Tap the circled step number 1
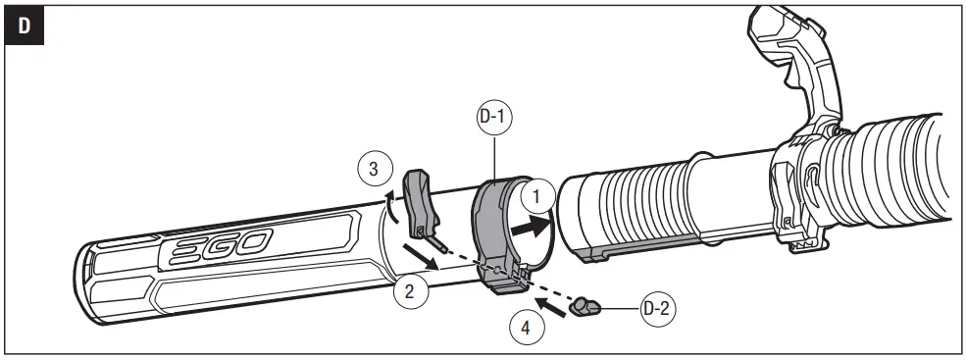(x=536, y=195)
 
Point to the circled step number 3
(x=374, y=169)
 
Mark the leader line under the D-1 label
(x=496, y=156)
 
